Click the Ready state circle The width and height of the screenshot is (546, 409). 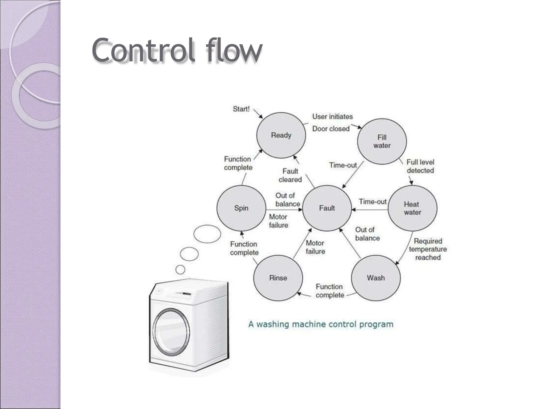click(281, 135)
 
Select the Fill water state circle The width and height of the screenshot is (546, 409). click(382, 141)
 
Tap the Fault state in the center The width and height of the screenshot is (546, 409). click(327, 208)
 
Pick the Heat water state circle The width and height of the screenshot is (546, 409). click(412, 208)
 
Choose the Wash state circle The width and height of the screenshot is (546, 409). click(376, 278)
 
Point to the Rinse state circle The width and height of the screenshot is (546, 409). click(278, 278)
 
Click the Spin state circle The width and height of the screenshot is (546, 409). click(241, 208)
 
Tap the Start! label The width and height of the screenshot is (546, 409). click(241, 109)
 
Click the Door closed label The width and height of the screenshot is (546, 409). click(331, 129)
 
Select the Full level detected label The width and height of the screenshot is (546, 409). click(420, 166)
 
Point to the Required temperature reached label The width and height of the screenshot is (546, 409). click(428, 249)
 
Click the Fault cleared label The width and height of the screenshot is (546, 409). click(290, 175)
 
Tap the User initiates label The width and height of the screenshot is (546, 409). click(332, 117)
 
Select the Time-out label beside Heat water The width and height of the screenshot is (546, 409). click(372, 202)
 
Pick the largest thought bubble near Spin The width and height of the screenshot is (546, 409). click(207, 234)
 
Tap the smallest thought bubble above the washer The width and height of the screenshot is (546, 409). click(180, 270)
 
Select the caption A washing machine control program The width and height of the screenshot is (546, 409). click(321, 324)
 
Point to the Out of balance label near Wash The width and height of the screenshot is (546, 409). click(367, 234)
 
